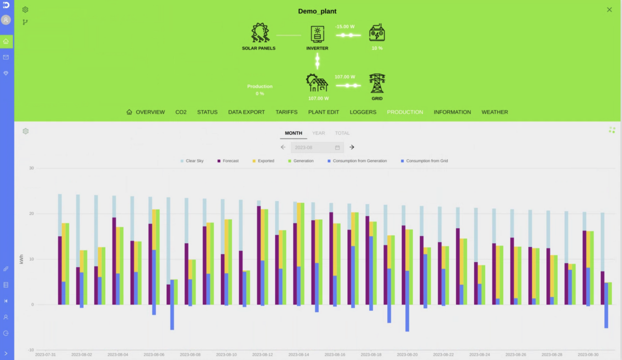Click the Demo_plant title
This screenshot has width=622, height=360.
pyautogui.click(x=317, y=11)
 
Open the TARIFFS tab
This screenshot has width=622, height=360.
pyautogui.click(x=286, y=112)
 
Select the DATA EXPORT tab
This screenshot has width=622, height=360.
pyautogui.click(x=246, y=112)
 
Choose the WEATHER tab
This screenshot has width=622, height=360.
pyautogui.click(x=494, y=112)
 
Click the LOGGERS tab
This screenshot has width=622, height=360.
pyautogui.click(x=363, y=112)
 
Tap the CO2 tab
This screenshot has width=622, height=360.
pyautogui.click(x=181, y=112)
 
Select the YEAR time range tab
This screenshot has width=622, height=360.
pyautogui.click(x=318, y=133)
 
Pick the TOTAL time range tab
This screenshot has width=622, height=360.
pyautogui.click(x=342, y=133)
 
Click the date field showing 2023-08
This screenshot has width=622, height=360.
pyautogui.click(x=317, y=147)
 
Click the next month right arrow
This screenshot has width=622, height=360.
pyautogui.click(x=352, y=147)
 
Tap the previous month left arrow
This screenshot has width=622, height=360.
pyautogui.click(x=283, y=147)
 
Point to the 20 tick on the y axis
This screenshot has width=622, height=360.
pyautogui.click(x=31, y=214)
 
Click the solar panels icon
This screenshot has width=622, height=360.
pyautogui.click(x=259, y=33)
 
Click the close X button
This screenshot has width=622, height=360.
pyautogui.click(x=609, y=10)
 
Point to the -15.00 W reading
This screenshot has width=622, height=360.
pyautogui.click(x=345, y=26)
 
